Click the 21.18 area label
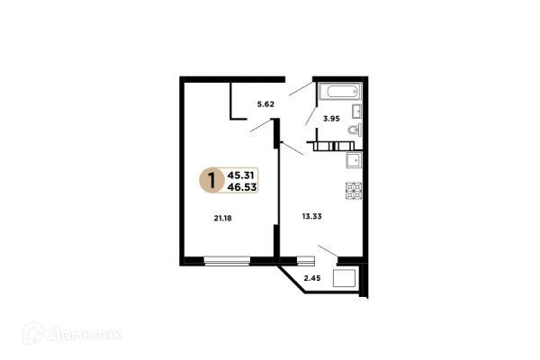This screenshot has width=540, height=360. point(223,218)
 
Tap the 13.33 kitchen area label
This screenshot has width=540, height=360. point(312,216)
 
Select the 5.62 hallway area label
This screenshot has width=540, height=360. point(265,104)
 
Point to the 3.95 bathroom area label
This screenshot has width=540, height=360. point(331,119)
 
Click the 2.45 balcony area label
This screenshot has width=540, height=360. point(312,278)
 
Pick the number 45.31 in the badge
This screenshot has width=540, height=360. point(240,175)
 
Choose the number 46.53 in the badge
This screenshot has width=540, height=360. point(242,187)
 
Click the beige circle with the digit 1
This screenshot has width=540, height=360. point(211,180)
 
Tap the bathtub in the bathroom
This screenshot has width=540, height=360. point(340,91)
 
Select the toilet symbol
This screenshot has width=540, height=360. point(355,130)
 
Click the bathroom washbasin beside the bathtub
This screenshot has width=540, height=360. point(356,111)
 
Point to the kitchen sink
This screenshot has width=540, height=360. point(354,160)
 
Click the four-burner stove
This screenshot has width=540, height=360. point(354,191)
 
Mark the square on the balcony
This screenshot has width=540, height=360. point(344,278)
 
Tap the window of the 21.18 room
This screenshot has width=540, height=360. point(227,261)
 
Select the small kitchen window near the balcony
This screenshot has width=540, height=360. point(306,260)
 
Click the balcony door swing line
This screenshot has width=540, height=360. point(328,251)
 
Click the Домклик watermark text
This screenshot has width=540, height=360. point(85,334)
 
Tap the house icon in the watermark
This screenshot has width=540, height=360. point(33,333)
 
